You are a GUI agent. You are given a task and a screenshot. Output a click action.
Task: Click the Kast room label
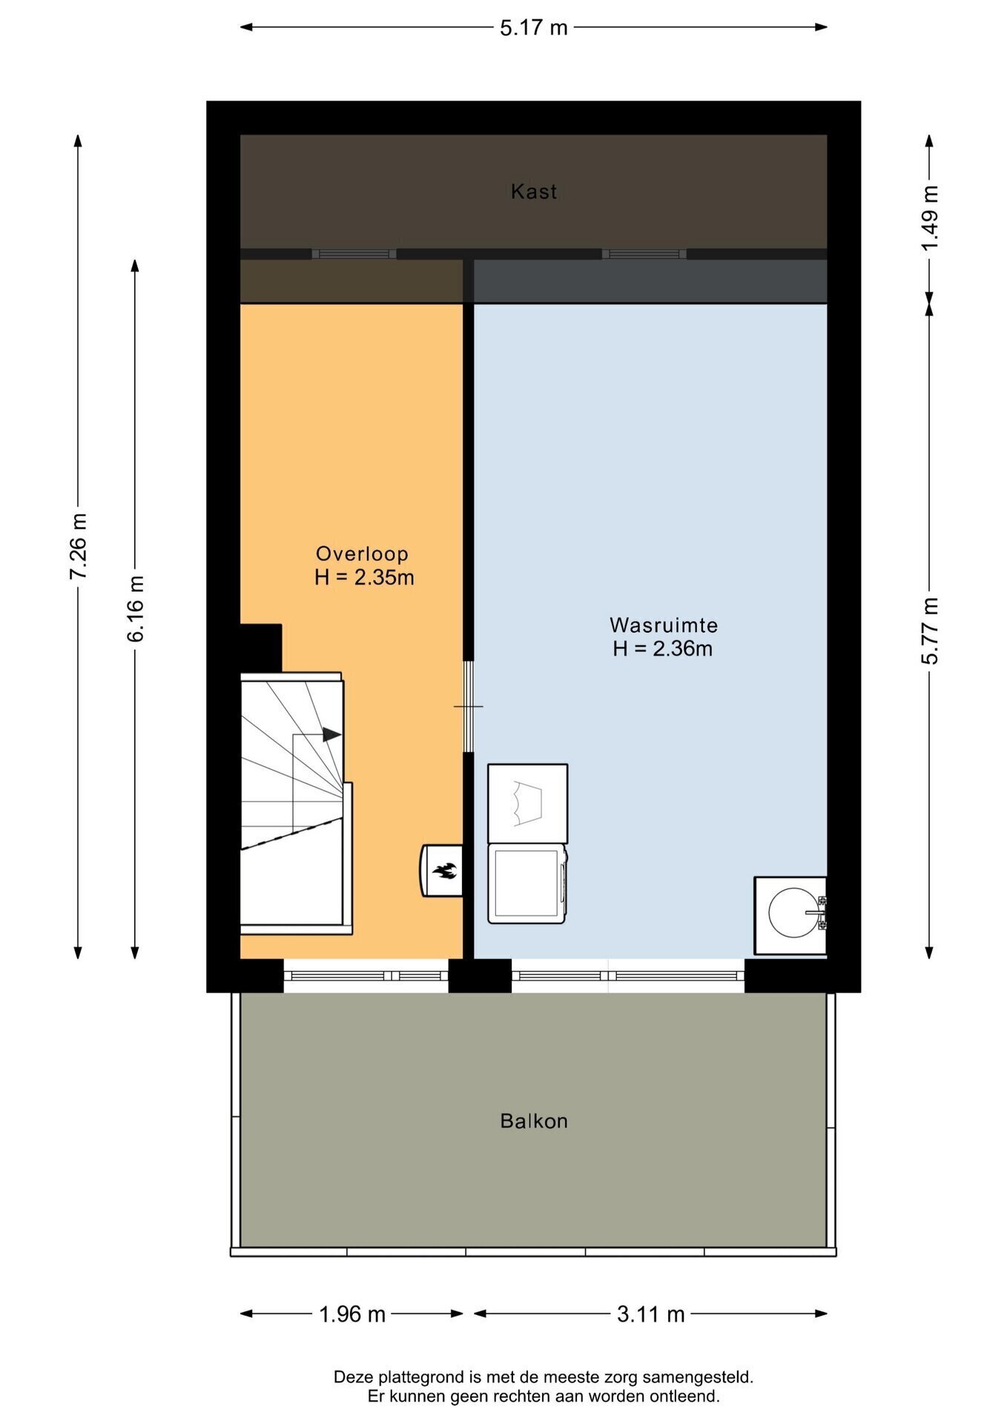533,191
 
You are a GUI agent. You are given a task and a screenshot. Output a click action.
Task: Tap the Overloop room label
362,553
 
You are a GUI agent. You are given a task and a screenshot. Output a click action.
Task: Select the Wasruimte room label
663,624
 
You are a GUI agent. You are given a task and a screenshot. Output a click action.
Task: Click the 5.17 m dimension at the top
533,27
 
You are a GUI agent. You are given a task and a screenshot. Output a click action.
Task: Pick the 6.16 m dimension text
135,608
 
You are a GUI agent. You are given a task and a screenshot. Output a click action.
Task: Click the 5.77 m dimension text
930,630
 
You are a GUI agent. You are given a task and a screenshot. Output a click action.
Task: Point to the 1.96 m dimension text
352,1314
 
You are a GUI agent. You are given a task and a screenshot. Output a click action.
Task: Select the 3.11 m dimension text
650,1314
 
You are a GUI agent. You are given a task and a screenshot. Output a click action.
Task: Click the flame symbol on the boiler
446,871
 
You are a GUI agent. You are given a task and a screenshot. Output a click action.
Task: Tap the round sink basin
793,912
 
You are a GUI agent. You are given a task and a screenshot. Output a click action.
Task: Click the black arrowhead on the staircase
331,734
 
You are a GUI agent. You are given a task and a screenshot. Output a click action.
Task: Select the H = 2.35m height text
364,577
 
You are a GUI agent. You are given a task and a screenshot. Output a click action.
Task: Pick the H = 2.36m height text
662,648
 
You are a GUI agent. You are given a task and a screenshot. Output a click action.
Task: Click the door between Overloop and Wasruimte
468,706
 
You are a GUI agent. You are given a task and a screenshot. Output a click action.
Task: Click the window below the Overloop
366,976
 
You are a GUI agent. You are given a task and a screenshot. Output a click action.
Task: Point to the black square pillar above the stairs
260,647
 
